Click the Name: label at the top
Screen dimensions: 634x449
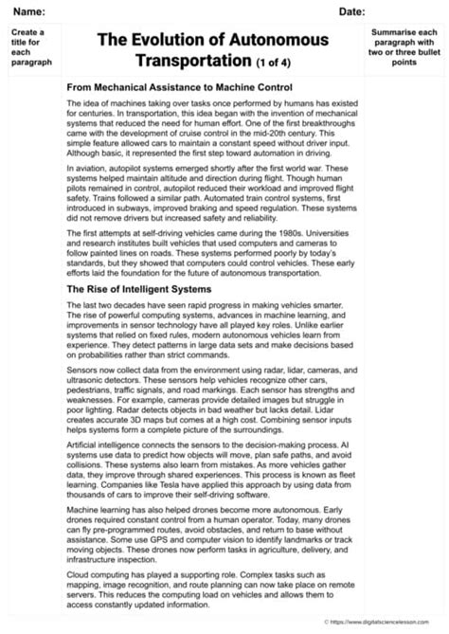click(x=27, y=10)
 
